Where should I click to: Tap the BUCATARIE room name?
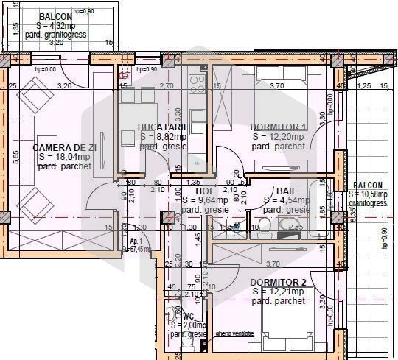click(x=161, y=127)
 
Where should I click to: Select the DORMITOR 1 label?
click(x=278, y=127)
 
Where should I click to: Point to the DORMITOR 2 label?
click(x=278, y=283)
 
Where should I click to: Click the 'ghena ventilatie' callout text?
click(x=234, y=333)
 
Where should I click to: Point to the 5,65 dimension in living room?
click(x=15, y=159)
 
